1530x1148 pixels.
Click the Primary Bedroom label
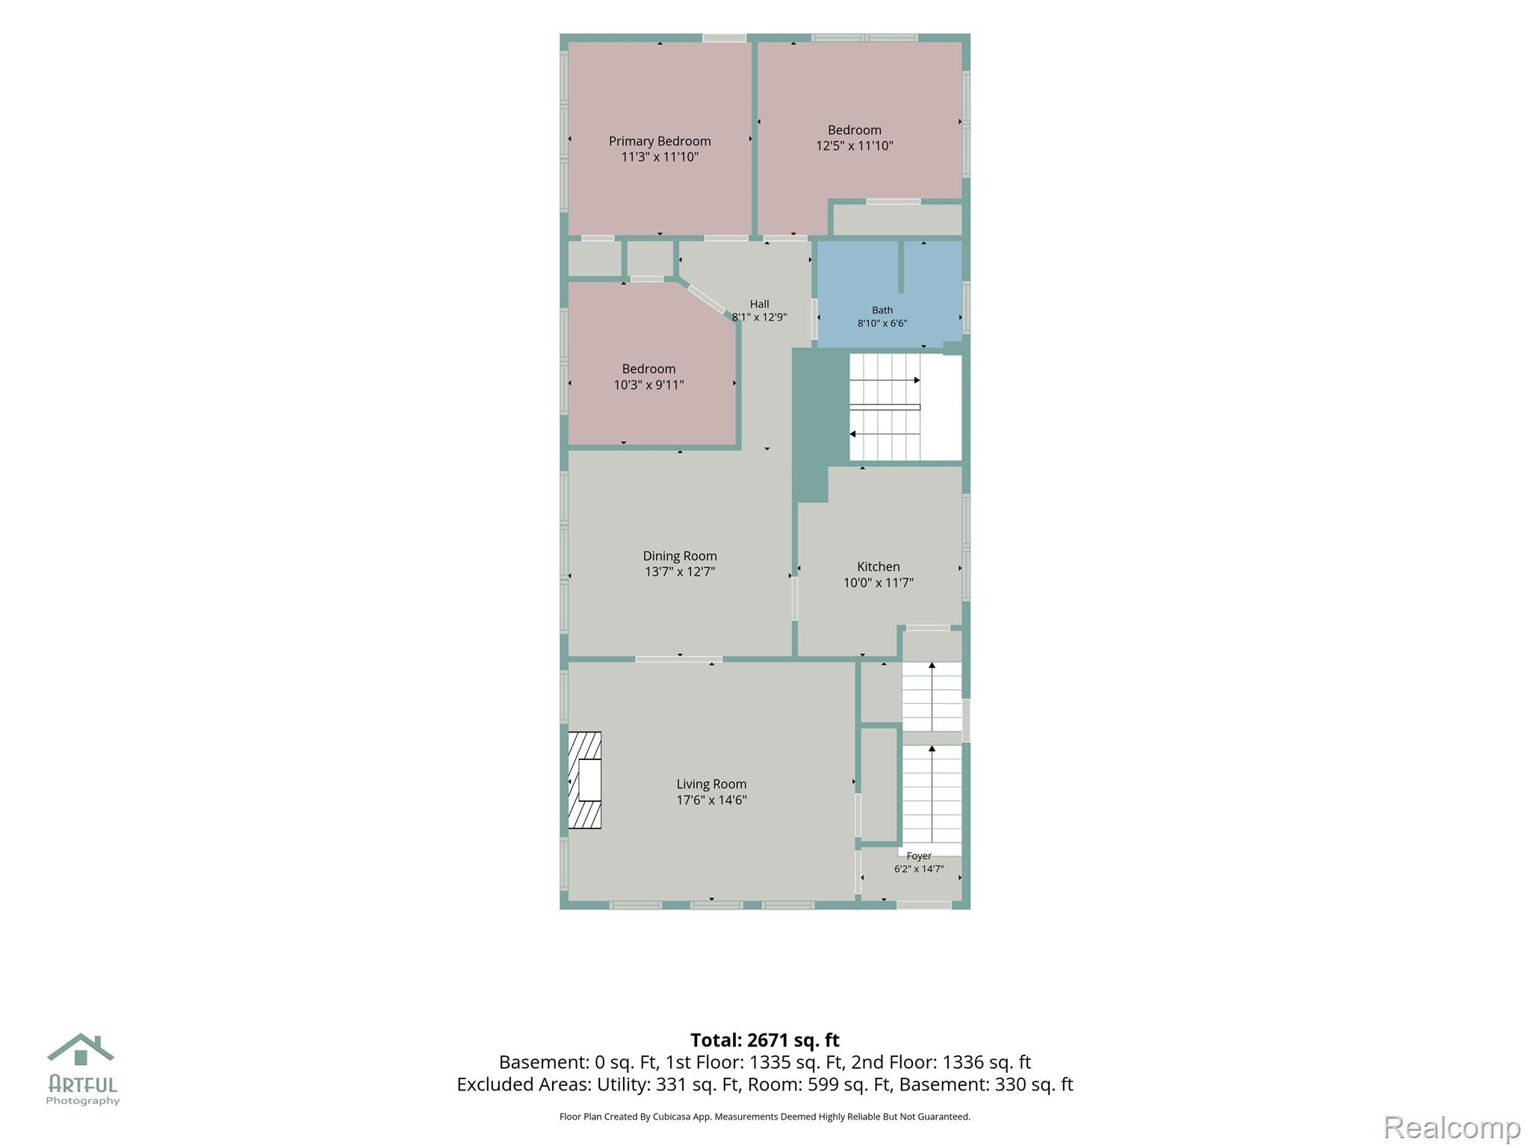[x=660, y=141]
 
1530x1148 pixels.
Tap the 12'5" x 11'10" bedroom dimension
[x=855, y=146]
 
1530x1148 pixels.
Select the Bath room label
[x=882, y=310]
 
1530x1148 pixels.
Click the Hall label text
[x=760, y=304]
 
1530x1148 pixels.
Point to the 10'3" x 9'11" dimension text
[x=649, y=385]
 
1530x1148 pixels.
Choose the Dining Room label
[x=680, y=556]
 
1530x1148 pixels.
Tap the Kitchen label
[x=879, y=567]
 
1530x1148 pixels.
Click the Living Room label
[x=711, y=784]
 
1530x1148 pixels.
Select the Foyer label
[x=919, y=856]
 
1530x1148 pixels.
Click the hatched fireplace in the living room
[x=585, y=780]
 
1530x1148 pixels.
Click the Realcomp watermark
[x=1452, y=1127]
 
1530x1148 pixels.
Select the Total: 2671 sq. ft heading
[x=765, y=1040]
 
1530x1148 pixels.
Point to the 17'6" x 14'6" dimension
[x=712, y=800]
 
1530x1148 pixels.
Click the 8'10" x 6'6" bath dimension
[x=882, y=324]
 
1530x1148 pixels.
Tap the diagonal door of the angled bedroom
[x=707, y=300]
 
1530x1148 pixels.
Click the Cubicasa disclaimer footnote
[x=765, y=1117]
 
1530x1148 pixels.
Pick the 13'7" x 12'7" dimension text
[x=680, y=572]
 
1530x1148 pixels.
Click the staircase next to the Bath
[x=905, y=407]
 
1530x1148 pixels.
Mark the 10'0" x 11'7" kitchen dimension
[x=879, y=583]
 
